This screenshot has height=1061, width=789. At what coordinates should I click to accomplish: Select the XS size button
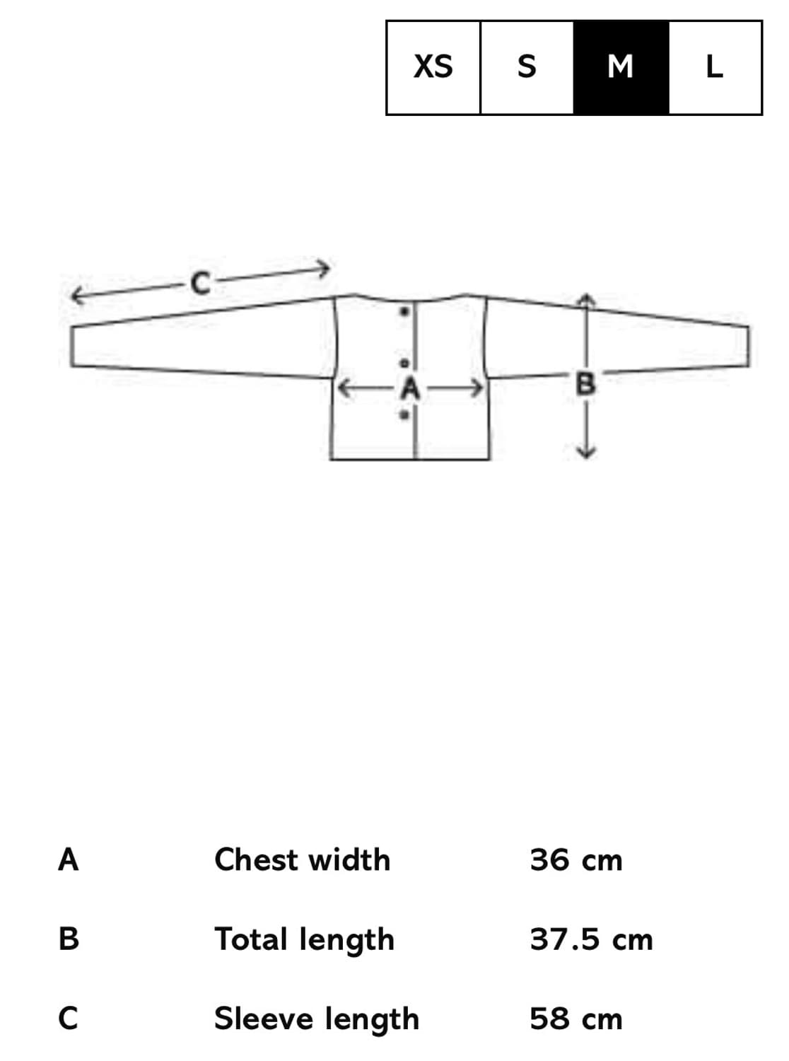(433, 67)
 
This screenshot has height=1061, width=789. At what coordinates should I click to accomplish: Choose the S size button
(527, 67)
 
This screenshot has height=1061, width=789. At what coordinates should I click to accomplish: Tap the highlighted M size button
(621, 67)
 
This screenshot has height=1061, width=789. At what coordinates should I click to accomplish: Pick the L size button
(715, 67)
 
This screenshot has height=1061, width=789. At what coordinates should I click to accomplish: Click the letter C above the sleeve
(201, 284)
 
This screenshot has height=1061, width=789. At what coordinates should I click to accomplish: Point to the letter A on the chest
(411, 388)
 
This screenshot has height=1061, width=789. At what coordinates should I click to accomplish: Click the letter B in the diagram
(586, 384)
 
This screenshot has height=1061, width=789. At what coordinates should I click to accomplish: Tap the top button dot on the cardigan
(404, 311)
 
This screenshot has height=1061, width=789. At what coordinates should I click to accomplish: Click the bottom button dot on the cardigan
(404, 415)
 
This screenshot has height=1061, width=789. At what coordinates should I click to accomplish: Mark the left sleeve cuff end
(72, 347)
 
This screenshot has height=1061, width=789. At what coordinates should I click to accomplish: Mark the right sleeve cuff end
(747, 347)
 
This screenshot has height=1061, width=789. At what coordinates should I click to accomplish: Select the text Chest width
(302, 860)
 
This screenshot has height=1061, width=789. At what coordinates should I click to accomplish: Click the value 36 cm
(576, 860)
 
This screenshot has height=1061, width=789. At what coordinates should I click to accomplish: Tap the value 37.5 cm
(591, 939)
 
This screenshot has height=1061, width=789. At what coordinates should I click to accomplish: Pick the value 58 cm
(576, 1019)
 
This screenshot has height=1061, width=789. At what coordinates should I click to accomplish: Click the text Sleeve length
(317, 1019)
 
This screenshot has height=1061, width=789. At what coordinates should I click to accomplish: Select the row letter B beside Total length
(69, 939)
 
